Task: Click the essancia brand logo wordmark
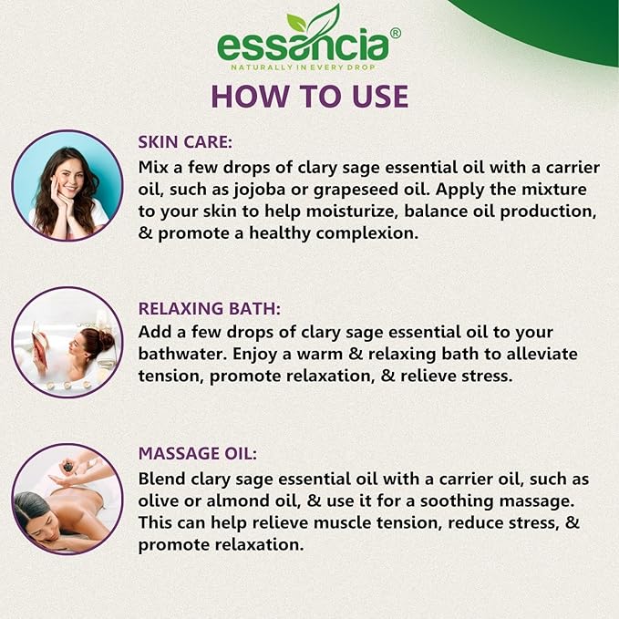304,46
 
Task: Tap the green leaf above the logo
315,20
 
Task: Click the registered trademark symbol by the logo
396,33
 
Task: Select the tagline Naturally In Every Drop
303,67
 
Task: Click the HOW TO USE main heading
310,97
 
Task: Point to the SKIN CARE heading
185,142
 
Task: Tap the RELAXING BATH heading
210,309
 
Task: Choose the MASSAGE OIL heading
198,454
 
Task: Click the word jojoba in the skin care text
260,191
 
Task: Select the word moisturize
351,211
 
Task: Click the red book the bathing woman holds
40,345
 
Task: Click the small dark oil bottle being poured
67,468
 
